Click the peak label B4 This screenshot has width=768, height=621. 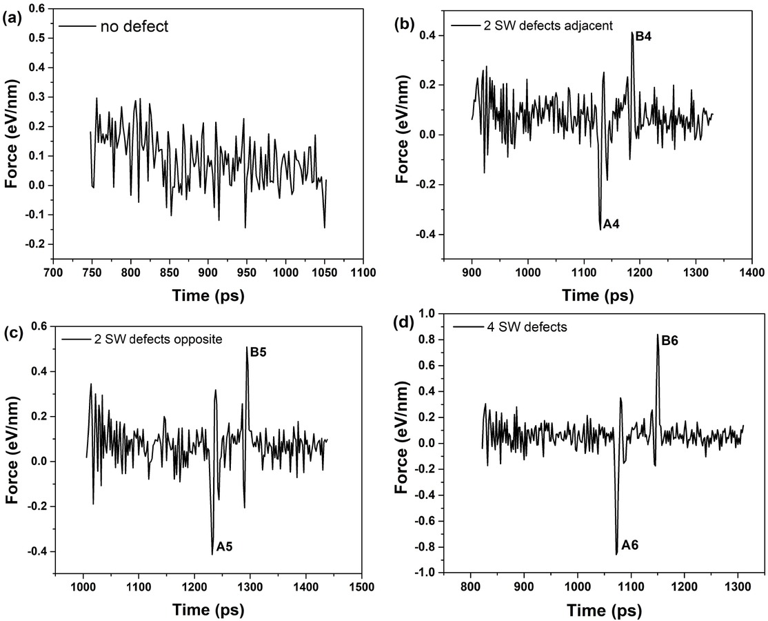[x=643, y=36]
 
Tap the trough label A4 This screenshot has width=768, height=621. [x=612, y=224]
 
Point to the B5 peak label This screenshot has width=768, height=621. [x=259, y=352]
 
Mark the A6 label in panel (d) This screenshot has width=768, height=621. [x=629, y=545]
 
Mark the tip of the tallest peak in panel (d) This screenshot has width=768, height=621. [x=657, y=335]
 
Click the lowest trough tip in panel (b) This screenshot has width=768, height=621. [x=600, y=229]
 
